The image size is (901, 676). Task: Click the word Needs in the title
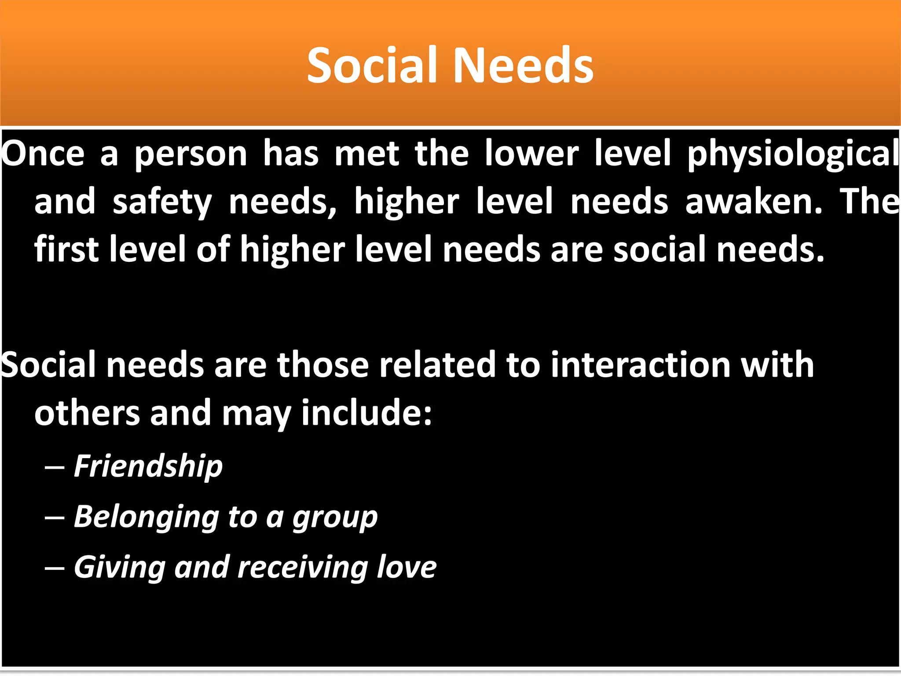[523, 66]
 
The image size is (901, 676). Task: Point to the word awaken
[754, 202]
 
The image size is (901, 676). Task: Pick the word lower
[532, 154]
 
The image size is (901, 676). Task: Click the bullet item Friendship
[148, 467]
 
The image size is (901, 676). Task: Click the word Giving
[119, 568]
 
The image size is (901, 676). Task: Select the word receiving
[302, 568]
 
